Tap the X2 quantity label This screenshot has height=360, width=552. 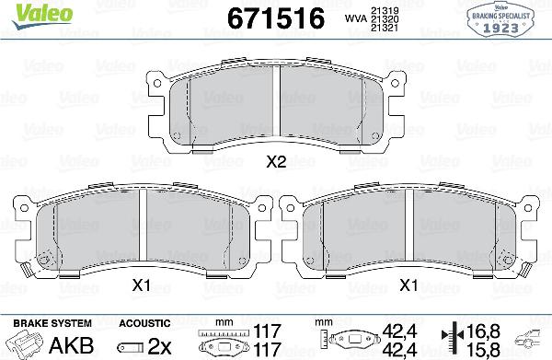pos(277,164)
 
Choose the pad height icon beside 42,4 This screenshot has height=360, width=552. pos(349,342)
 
